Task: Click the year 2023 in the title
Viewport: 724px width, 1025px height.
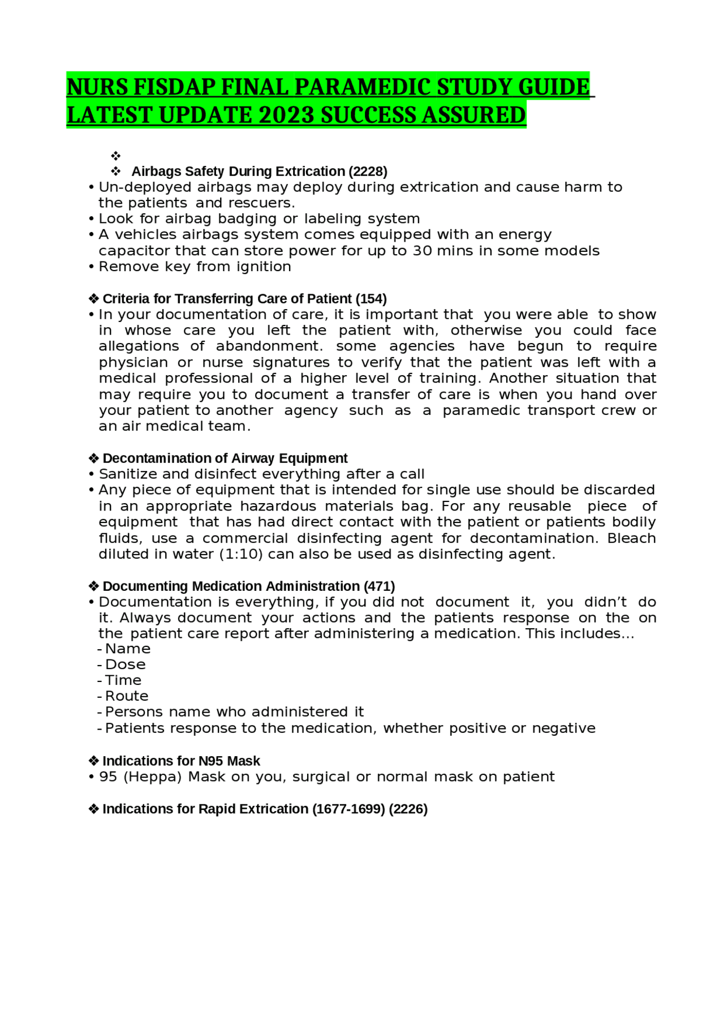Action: pyautogui.click(x=286, y=115)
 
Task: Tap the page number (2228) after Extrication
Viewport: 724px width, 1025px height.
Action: pyautogui.click(x=368, y=171)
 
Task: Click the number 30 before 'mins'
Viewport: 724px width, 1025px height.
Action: pyautogui.click(x=422, y=251)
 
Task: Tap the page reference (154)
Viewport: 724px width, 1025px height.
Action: pyautogui.click(x=371, y=299)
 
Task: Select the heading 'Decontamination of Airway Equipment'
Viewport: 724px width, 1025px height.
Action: pyautogui.click(x=225, y=458)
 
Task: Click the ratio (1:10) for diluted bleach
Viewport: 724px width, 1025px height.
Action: pyautogui.click(x=241, y=554)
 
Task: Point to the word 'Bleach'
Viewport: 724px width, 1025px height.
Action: pyautogui.click(x=631, y=538)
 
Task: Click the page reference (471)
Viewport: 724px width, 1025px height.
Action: pyautogui.click(x=379, y=586)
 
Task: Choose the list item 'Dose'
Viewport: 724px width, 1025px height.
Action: pyautogui.click(x=125, y=664)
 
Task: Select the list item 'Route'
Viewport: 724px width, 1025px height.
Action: pyautogui.click(x=127, y=696)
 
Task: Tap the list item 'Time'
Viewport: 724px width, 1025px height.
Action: pyautogui.click(x=123, y=680)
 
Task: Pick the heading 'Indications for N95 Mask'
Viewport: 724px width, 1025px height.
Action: pyautogui.click(x=181, y=761)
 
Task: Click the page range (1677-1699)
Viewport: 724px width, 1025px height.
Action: pyautogui.click(x=348, y=809)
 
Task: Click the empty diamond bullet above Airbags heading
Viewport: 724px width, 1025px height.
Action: pyautogui.click(x=116, y=156)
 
